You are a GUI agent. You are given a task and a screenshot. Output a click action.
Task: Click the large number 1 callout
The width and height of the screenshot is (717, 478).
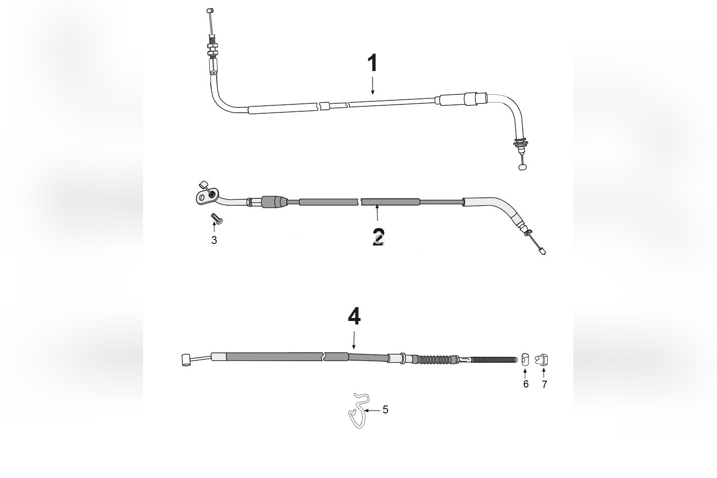pyautogui.click(x=372, y=64)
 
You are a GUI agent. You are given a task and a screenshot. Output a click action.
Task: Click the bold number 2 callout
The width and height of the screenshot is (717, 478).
pyautogui.click(x=378, y=237)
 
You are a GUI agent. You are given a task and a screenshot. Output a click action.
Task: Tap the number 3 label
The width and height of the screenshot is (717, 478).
pyautogui.click(x=214, y=240)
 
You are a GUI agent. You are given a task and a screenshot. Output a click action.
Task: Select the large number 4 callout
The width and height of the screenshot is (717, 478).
pyautogui.click(x=354, y=317)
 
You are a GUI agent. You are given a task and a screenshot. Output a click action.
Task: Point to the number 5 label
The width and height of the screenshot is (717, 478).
pyautogui.click(x=386, y=410)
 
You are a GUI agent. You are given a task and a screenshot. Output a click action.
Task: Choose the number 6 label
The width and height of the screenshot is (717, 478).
pyautogui.click(x=526, y=384)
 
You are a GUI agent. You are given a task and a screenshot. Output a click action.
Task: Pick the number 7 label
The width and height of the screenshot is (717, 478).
pyautogui.click(x=544, y=385)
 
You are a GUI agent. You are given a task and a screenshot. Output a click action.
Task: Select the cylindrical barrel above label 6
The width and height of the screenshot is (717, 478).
pyautogui.click(x=526, y=359)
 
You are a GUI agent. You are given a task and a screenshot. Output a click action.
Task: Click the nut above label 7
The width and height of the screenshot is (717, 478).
pyautogui.click(x=542, y=359)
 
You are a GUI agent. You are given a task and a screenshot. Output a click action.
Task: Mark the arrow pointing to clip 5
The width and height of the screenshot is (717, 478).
pyautogui.click(x=372, y=410)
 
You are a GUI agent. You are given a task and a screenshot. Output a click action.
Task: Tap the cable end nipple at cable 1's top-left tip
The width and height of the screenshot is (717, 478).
pyautogui.click(x=210, y=10)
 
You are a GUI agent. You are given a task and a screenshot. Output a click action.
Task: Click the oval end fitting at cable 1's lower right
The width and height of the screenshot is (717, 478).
pyautogui.click(x=522, y=167)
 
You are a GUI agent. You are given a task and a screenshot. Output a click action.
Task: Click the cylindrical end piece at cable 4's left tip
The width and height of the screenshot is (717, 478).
pyautogui.click(x=186, y=359)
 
